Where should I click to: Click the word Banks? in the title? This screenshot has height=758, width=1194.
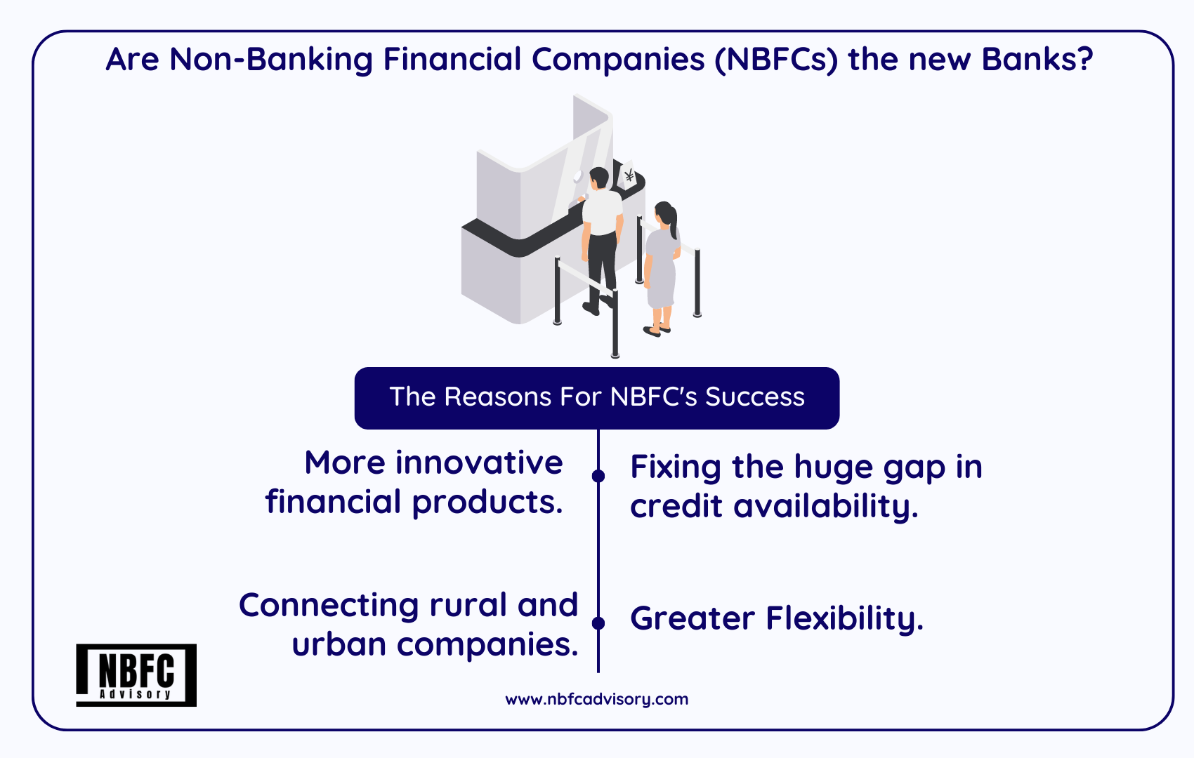pos(1037,59)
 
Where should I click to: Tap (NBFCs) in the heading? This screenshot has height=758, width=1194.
pos(777,60)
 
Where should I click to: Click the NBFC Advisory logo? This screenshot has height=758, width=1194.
pos(136,675)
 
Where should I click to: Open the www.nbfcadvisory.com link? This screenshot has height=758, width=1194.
pos(596,699)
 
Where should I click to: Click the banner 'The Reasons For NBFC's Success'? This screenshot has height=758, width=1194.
pos(597,398)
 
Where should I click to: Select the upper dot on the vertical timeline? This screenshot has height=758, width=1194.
pos(598,476)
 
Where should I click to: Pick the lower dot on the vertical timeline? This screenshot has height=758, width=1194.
pos(598,623)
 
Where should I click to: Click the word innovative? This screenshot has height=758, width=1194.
pos(479,463)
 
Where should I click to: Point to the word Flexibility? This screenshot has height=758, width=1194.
pos(844,619)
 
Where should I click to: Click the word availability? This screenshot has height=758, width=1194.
pos(826,506)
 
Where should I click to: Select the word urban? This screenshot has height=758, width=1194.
pos(339,644)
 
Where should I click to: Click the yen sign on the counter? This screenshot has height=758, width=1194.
pos(629,175)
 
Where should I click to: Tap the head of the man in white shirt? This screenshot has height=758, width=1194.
pos(599,178)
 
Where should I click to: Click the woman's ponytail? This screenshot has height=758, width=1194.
pos(674,222)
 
